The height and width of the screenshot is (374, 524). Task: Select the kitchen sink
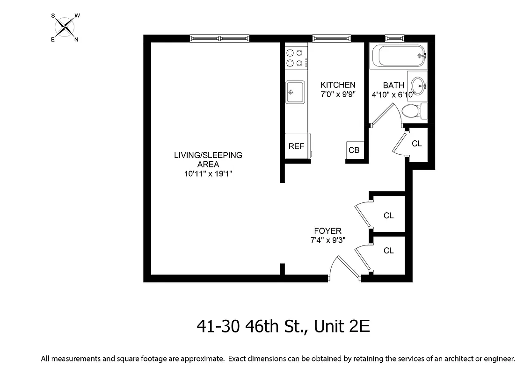[295, 92]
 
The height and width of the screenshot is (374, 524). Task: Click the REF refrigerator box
[296, 146]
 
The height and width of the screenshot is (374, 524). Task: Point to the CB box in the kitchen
[354, 150]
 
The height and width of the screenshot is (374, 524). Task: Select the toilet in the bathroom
[412, 111]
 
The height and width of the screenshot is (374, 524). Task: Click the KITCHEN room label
[338, 85]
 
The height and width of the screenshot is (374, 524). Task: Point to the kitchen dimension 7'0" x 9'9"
[338, 94]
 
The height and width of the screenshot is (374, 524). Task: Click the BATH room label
[393, 85]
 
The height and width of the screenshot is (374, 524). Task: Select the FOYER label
[327, 231]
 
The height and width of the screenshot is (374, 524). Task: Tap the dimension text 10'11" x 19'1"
[208, 174]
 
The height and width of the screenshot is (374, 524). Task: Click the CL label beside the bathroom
[416, 144]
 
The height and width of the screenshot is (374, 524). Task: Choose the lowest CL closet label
[388, 251]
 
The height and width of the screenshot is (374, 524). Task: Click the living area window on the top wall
[219, 38]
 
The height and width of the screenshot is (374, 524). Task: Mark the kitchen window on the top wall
[331, 38]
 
